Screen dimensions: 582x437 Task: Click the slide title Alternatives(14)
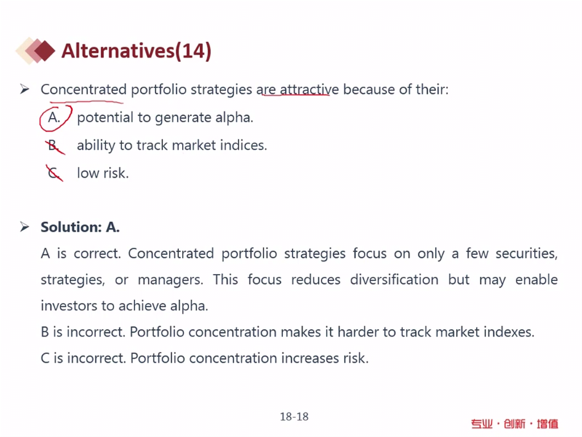[x=136, y=50]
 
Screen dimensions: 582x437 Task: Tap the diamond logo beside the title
[x=35, y=50]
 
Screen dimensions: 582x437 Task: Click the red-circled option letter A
[x=54, y=117]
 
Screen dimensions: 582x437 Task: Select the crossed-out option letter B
[x=53, y=145]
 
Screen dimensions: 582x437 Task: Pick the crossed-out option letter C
[x=54, y=173]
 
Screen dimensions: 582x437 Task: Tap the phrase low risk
[x=103, y=173]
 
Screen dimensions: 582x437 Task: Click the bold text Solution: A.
[x=80, y=227]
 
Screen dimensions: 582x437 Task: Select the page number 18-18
[x=294, y=417]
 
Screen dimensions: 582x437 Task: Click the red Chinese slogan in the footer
[x=514, y=424]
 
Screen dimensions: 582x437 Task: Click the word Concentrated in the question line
[x=84, y=90]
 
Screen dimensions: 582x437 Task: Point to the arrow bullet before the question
[x=25, y=89]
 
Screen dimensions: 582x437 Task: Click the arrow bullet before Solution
[x=25, y=227]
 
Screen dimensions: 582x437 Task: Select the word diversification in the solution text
[x=394, y=280]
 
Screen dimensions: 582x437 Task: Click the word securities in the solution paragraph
[x=526, y=253]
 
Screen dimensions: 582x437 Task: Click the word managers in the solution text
[x=170, y=280]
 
